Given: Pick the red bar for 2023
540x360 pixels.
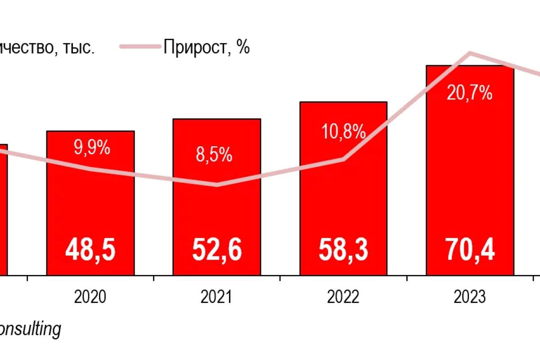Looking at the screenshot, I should click(470, 180).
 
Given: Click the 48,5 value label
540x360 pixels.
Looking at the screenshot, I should click(90, 251).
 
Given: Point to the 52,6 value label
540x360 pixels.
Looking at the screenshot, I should click(216, 251).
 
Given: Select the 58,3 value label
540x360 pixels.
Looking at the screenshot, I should click(343, 251).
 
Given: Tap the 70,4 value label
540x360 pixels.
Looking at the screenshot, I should click(470, 251).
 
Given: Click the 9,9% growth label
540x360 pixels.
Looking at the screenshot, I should click(92, 148).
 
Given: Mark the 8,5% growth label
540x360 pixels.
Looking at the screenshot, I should click(214, 155).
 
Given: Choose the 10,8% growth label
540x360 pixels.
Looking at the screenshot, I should click(343, 131).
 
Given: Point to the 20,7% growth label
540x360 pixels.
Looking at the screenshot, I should click(469, 93).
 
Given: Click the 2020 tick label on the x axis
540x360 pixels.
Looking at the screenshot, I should click(90, 297).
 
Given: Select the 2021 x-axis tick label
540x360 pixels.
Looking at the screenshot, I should click(216, 297).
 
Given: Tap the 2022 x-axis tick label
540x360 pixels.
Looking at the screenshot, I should click(343, 297).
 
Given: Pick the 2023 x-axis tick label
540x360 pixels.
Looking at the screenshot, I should click(470, 297).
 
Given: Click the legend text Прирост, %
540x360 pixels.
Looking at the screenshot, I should click(207, 47).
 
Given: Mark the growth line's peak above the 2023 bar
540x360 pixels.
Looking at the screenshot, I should click(470, 53).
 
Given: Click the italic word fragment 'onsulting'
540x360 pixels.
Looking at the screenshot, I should click(30, 329).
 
